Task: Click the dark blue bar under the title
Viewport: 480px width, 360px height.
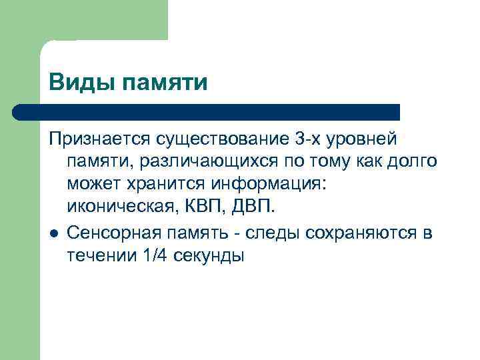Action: [x=207, y=112]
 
